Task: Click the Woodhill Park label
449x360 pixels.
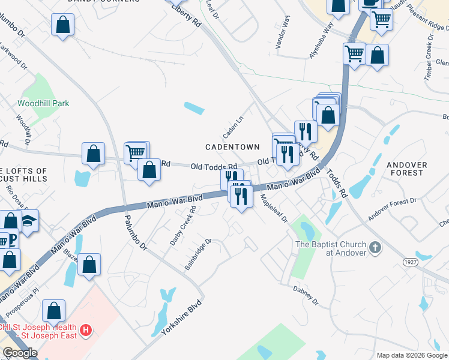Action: [43, 103]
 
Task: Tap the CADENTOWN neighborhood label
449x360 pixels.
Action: [232, 146]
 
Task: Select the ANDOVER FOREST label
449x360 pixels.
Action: [406, 169]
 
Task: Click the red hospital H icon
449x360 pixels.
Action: [86, 329]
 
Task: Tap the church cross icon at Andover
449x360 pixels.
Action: [375, 247]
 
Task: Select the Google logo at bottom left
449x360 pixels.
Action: [20, 353]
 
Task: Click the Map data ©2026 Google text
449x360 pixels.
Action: [412, 355]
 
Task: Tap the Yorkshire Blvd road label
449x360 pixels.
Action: [181, 324]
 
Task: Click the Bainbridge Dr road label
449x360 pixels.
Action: [198, 254]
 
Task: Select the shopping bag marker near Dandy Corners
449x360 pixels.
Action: [62, 26]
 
